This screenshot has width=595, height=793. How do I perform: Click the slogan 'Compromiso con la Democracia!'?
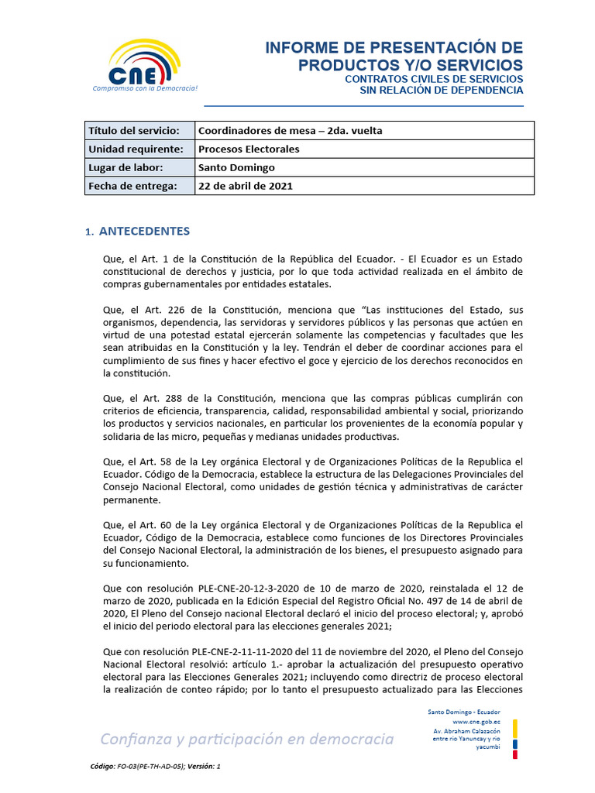coord(145,88)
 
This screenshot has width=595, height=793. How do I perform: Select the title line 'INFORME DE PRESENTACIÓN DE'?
coord(394,48)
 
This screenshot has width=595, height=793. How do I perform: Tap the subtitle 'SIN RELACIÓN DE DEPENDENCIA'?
coord(442,90)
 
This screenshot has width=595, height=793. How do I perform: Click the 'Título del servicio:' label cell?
coord(134,130)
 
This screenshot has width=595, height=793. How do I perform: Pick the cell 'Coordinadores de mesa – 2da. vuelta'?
coord(290,130)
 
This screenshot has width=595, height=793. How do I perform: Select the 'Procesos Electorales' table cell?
coord(249,149)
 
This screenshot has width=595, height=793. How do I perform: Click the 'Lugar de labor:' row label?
coord(126,167)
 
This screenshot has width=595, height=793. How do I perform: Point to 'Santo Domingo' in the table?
coord(236,167)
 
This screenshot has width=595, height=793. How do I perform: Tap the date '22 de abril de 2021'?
coord(246,186)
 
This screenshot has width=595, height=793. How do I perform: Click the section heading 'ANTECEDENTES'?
coord(144,232)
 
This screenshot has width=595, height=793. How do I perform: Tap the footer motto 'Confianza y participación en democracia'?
coord(247,739)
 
